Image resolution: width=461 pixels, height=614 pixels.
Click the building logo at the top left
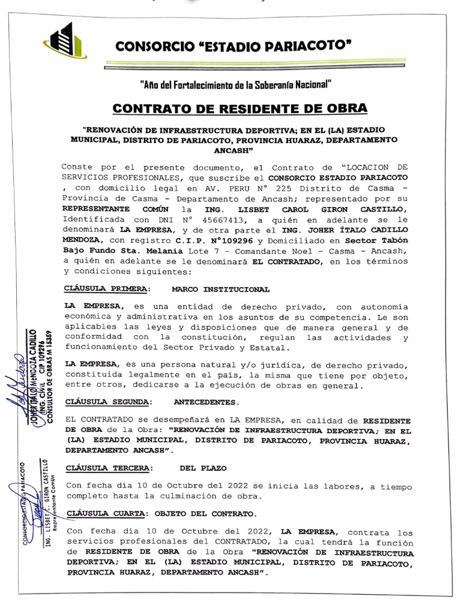pyautogui.click(x=64, y=41)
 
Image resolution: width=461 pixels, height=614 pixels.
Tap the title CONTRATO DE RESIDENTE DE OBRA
pyautogui.click(x=239, y=109)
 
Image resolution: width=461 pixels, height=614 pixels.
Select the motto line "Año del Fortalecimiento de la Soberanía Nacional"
pyautogui.click(x=235, y=84)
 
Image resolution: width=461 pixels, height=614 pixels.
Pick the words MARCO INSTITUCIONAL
pyautogui.click(x=220, y=289)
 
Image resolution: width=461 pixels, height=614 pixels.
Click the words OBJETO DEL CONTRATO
pyautogui.click(x=205, y=513)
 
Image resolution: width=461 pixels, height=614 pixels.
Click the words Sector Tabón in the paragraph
pyautogui.click(x=381, y=240)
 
